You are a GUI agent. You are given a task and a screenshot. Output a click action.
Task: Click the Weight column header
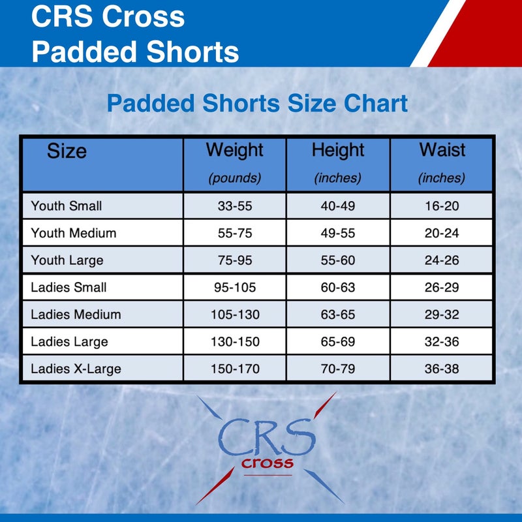pyautogui.click(x=234, y=150)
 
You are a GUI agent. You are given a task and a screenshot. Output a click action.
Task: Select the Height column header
pyautogui.click(x=337, y=150)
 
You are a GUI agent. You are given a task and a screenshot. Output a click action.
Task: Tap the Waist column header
pyautogui.click(x=442, y=150)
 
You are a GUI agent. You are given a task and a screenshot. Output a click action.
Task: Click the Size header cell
pyautogui.click(x=67, y=152)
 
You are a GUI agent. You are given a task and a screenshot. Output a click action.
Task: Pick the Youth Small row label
pyautogui.click(x=67, y=206)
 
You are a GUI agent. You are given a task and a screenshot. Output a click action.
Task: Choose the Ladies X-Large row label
pyautogui.click(x=76, y=369)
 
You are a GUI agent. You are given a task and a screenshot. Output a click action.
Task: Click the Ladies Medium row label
pyautogui.click(x=76, y=315)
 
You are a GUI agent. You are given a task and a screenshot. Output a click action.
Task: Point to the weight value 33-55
pyautogui.click(x=235, y=207)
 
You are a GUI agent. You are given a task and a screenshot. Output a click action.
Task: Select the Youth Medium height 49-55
pyautogui.click(x=338, y=234)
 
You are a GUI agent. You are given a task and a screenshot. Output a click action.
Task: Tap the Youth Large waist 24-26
pyautogui.click(x=442, y=260)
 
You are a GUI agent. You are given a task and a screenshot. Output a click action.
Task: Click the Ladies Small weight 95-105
pyautogui.click(x=235, y=288)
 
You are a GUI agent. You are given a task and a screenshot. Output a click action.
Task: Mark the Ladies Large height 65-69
pyautogui.click(x=338, y=342)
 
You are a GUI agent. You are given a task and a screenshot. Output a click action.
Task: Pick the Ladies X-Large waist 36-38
pyautogui.click(x=442, y=369)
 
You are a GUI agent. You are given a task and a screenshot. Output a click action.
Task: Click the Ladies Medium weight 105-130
pyautogui.click(x=235, y=315)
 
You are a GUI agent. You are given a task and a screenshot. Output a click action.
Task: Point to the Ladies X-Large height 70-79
pyautogui.click(x=338, y=369)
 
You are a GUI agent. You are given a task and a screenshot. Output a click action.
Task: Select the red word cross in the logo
pyautogui.click(x=267, y=464)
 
